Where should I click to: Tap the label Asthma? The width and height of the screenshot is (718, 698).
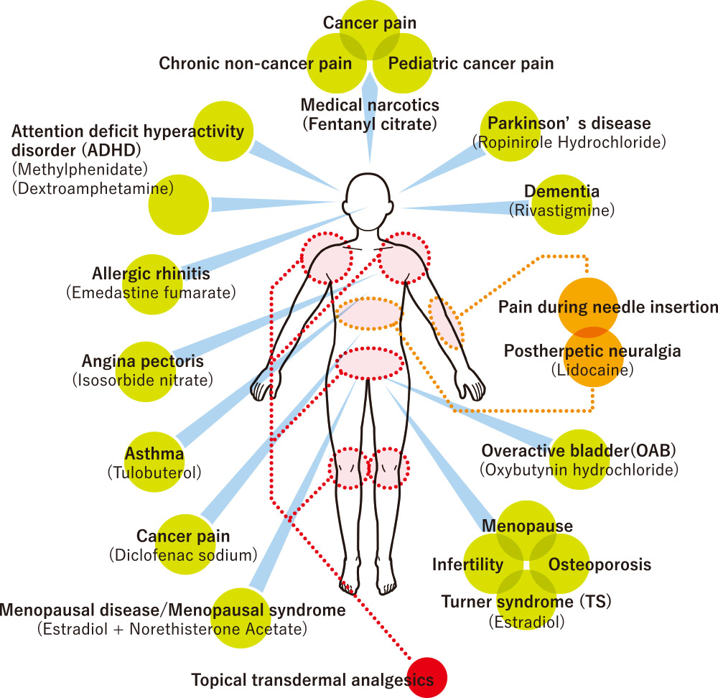(x=154, y=455)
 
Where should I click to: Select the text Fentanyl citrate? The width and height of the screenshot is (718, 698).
(x=370, y=124)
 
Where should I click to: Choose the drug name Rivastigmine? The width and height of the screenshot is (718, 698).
(x=562, y=210)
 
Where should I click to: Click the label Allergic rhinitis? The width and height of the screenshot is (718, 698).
(x=151, y=274)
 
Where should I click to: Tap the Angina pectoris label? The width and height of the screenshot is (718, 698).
(x=143, y=360)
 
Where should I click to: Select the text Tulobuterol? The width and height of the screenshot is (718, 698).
(x=154, y=473)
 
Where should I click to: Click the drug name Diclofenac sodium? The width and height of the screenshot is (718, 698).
(x=183, y=555)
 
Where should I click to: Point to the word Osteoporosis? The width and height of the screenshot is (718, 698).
(x=600, y=564)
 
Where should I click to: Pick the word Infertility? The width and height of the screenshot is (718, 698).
(x=467, y=564)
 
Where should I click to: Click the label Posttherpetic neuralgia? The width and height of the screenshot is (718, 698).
(x=592, y=351)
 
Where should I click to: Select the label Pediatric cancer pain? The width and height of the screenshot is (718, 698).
(x=471, y=64)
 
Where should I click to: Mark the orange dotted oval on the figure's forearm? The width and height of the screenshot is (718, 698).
(x=446, y=321)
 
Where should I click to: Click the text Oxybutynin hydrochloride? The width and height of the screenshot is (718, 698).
(x=579, y=470)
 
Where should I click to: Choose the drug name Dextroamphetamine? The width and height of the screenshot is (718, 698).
(x=93, y=189)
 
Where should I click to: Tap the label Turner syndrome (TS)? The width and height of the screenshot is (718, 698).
(x=519, y=601)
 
